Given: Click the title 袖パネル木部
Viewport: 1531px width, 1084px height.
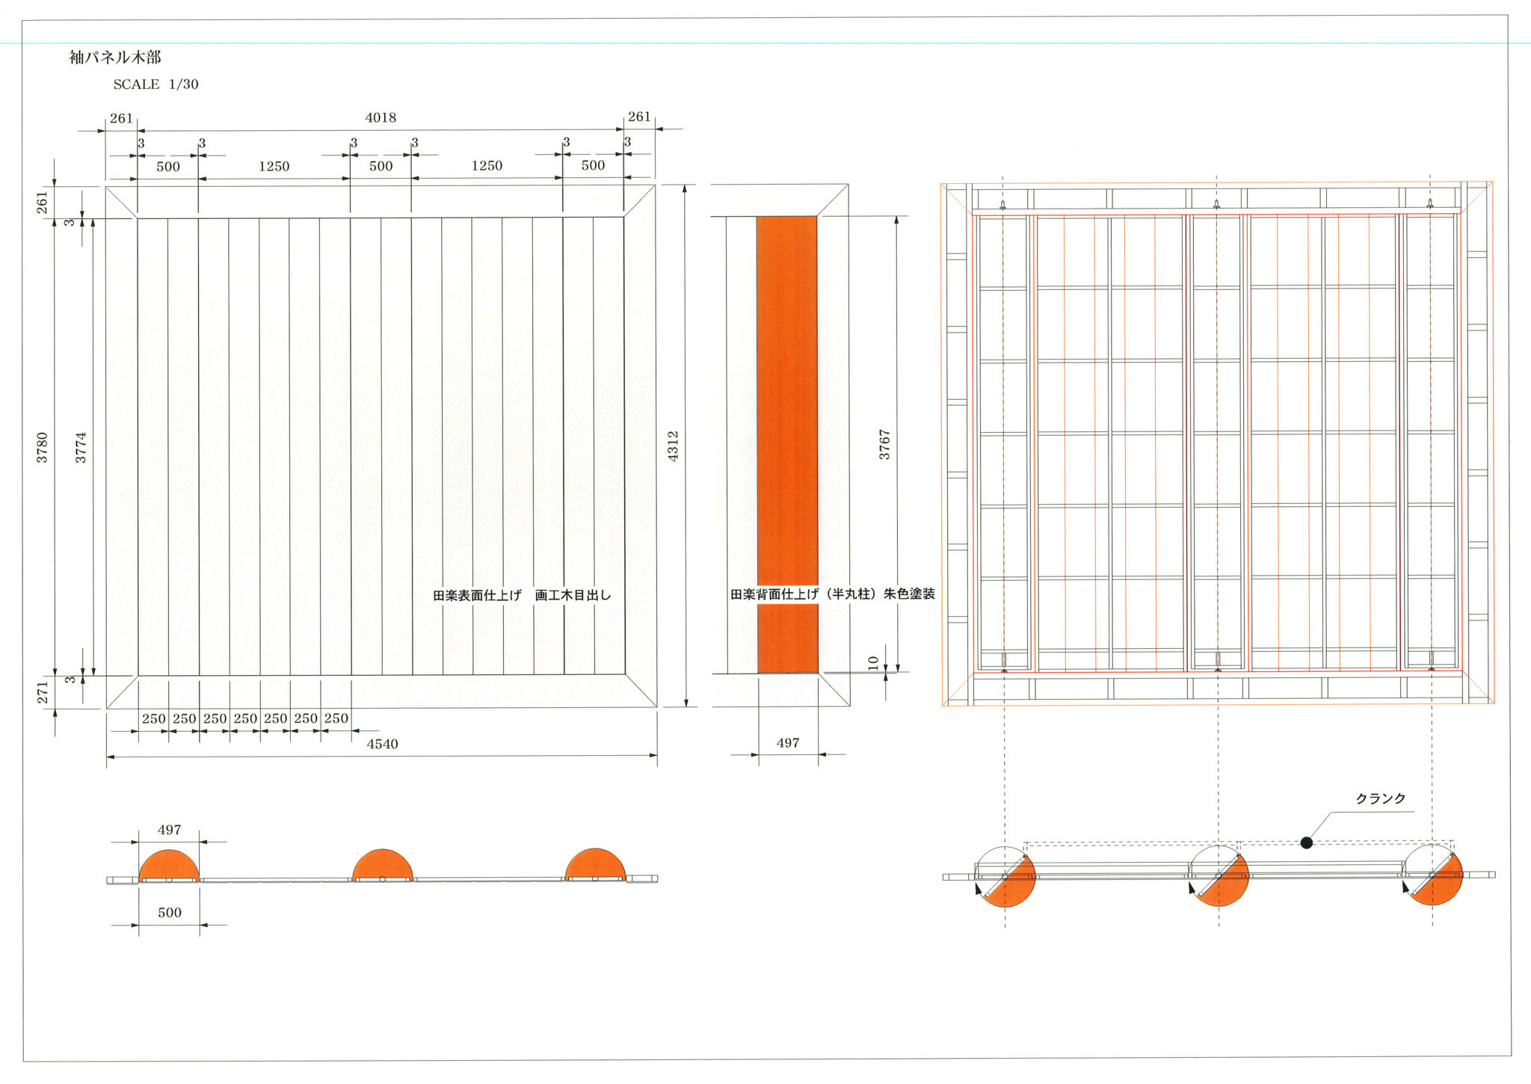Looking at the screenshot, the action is (x=115, y=57).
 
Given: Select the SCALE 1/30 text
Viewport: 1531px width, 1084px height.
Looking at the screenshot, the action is (x=155, y=84).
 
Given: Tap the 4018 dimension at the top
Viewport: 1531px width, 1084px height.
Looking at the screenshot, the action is (x=381, y=117).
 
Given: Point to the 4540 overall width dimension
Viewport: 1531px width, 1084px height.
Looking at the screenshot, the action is (x=382, y=744).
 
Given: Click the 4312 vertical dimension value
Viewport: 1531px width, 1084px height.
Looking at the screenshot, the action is (x=673, y=446).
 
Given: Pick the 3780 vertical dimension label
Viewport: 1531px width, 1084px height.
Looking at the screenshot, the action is (x=42, y=447).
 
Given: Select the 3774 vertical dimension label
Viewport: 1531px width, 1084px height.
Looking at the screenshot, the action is (x=81, y=447).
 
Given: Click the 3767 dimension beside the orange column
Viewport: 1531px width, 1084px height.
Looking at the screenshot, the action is (x=884, y=444).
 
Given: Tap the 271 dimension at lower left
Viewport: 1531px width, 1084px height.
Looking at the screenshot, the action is (x=42, y=692).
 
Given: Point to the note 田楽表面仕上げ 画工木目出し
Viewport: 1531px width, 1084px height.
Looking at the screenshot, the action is (x=522, y=595).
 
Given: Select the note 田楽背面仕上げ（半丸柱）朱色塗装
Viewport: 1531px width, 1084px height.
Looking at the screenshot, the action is (x=833, y=594).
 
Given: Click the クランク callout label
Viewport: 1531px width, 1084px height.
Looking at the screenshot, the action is (x=1380, y=798).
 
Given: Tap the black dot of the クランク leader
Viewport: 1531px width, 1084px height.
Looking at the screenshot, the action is (x=1307, y=843).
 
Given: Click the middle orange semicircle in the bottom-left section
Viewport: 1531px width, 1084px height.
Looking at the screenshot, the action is (x=382, y=866).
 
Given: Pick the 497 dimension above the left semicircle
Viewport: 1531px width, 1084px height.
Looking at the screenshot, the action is (x=170, y=830).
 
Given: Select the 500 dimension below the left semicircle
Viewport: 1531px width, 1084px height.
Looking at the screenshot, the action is (x=170, y=912).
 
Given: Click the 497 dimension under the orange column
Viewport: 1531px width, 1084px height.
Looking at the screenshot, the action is (x=788, y=742).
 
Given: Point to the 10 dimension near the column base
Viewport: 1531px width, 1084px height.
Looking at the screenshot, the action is (x=873, y=662).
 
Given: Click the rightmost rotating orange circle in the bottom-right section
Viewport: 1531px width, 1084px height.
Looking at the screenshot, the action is (x=1432, y=875).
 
